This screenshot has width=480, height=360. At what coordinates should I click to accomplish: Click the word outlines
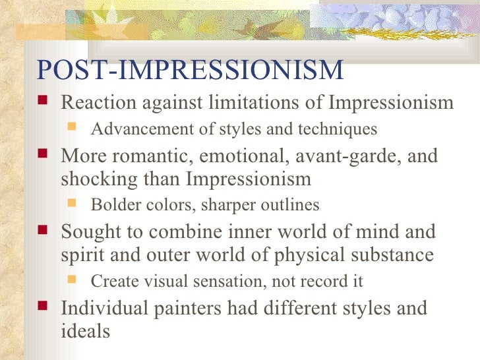coord(289,205)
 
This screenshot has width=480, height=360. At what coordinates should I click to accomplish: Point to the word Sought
coord(86,232)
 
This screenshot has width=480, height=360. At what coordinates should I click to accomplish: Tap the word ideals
coord(85,330)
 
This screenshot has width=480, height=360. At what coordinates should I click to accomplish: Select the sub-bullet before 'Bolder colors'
coord(74,205)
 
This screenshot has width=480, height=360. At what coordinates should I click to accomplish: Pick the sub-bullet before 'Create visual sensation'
coord(74,281)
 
